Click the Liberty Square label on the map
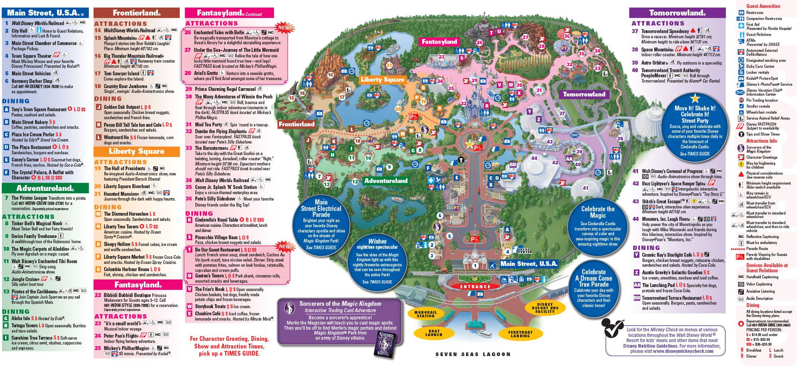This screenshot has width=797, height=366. pyautogui.click(x=382, y=80)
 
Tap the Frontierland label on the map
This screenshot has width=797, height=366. pyautogui.click(x=296, y=124)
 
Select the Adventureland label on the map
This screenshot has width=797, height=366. pyautogui.click(x=386, y=181)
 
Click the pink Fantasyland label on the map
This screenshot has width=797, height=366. pyautogui.click(x=439, y=41)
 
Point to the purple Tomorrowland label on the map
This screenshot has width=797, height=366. pyautogui.click(x=584, y=94)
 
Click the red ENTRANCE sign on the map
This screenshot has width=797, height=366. pyautogui.click(x=475, y=286)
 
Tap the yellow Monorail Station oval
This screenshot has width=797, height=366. pyautogui.click(x=425, y=314)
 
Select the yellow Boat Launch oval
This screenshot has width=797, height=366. pyautogui.click(x=434, y=333)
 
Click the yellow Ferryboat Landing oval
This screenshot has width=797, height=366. pyautogui.click(x=520, y=334)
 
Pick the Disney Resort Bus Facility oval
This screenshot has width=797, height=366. pyautogui.click(x=545, y=308)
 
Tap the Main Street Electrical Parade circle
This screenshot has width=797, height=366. pyautogui.click(x=321, y=224)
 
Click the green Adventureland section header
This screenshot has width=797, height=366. pyautogui.click(x=45, y=188)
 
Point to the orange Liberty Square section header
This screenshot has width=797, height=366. pyautogui.click(x=136, y=152)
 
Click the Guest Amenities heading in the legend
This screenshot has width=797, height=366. pyautogui.click(x=763, y=6)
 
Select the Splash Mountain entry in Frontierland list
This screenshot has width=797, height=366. pyautogui.click(x=120, y=38)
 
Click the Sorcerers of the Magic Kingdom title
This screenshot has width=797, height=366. pyautogui.click(x=340, y=304)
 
